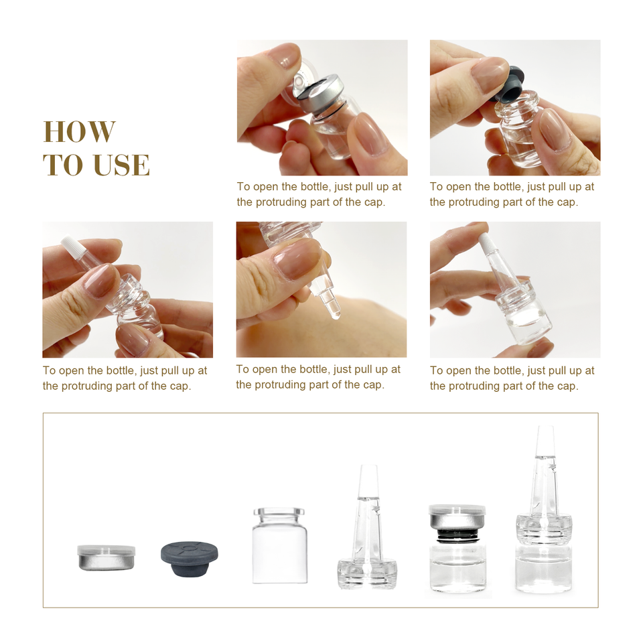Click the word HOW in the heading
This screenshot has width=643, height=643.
[79, 132]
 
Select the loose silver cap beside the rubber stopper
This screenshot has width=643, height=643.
[106, 557]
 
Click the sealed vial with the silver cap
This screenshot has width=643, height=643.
[457, 549]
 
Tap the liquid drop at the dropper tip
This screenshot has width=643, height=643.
[336, 315]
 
